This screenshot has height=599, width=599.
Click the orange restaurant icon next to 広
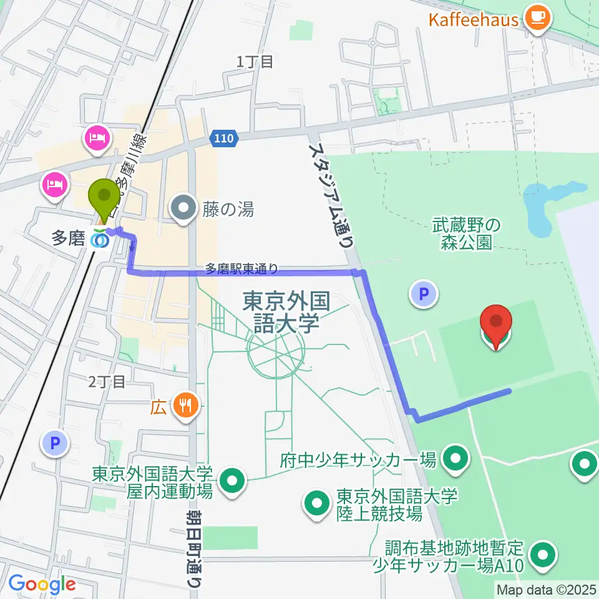point(185,407)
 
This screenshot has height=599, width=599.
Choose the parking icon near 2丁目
point(55,444)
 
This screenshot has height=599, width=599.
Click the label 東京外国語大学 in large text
point(286,312)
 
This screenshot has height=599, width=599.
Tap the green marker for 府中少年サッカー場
point(456,460)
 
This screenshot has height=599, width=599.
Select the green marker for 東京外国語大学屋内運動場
point(233,481)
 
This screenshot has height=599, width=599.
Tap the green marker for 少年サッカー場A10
point(543,555)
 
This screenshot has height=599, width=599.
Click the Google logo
point(42,585)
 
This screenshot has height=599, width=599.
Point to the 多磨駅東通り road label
point(242,269)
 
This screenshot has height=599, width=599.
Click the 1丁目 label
point(255,62)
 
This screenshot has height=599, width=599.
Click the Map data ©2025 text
point(547,589)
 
